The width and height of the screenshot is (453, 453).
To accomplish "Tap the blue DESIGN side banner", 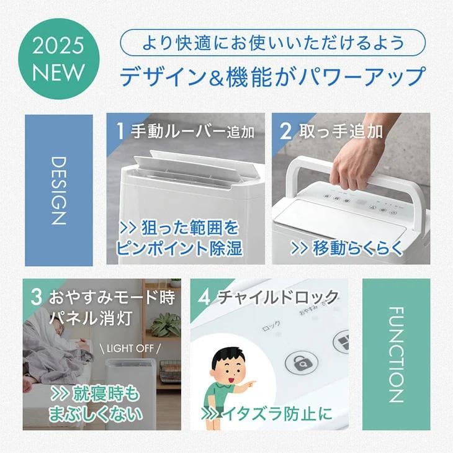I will click(x=58, y=190).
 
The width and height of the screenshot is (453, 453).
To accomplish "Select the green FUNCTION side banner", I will click(x=396, y=354).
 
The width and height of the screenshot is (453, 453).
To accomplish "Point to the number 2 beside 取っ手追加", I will click(x=286, y=131).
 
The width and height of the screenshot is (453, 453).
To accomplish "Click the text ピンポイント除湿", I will click(x=179, y=248).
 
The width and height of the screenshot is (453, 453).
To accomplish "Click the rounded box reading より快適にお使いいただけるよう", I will click(x=272, y=43).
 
